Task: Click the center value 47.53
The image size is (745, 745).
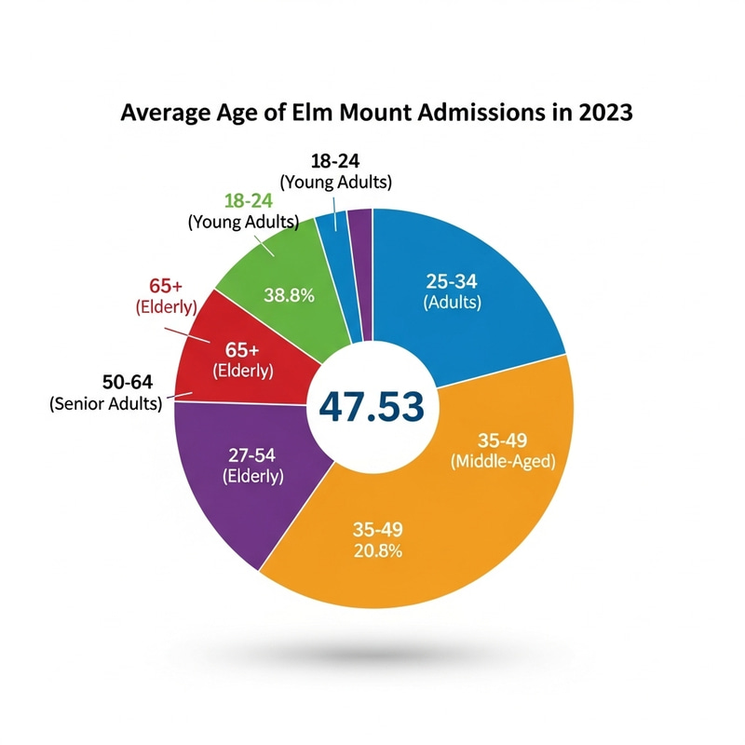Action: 372,406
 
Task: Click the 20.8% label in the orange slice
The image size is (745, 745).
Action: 377,550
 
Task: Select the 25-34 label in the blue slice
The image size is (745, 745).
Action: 453,282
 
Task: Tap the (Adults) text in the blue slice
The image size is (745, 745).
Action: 453,303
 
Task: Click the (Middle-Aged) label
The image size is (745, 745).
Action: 502,462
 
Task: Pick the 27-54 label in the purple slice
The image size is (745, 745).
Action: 253,455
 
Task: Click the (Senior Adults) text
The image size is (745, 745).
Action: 105,403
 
